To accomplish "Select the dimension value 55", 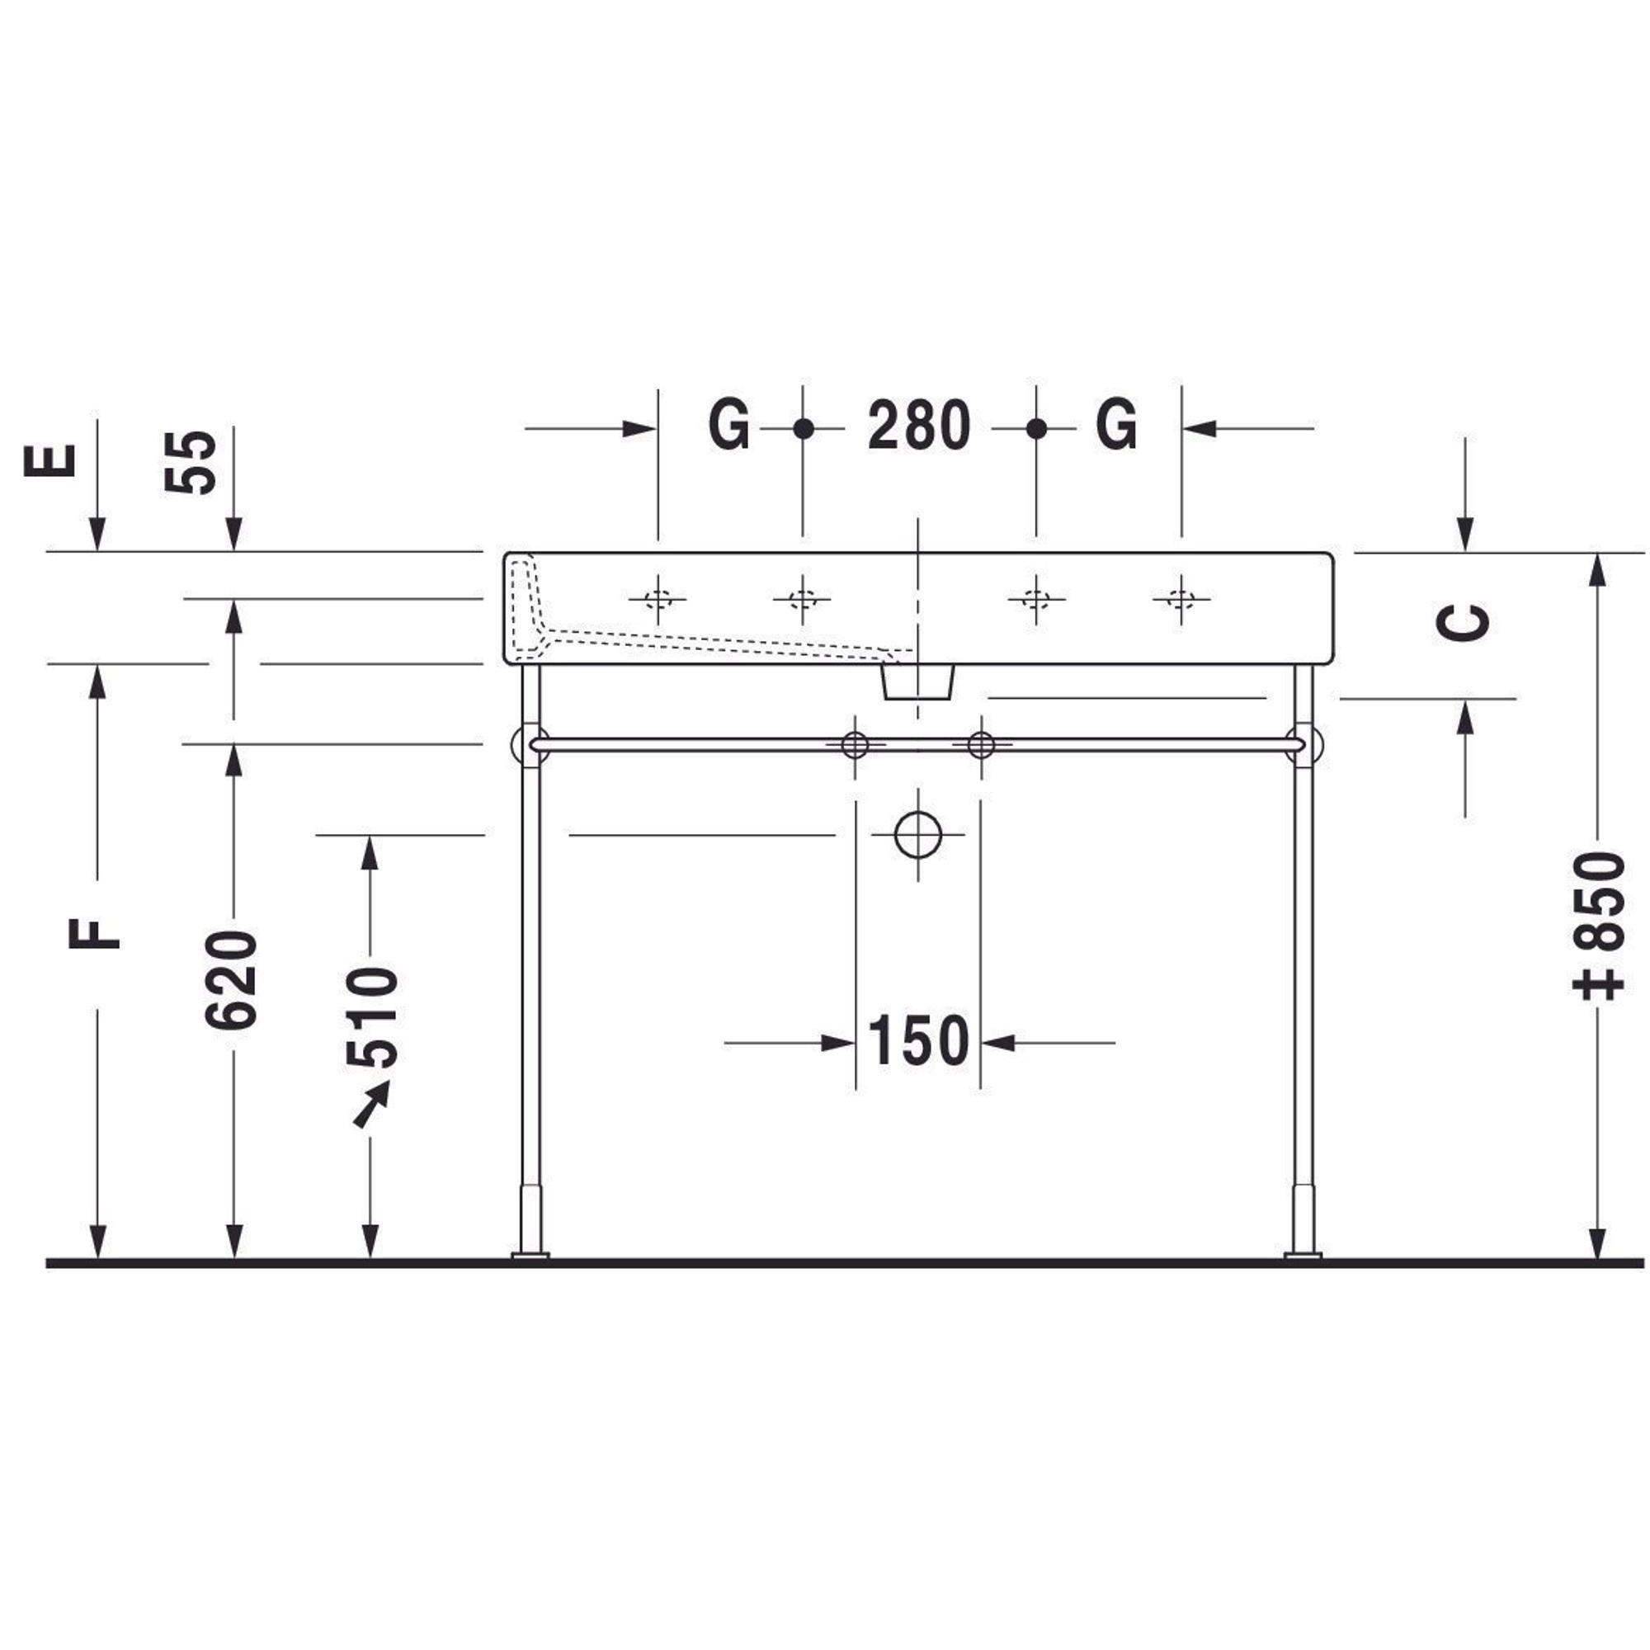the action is pyautogui.click(x=191, y=461).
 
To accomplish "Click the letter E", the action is pyautogui.click(x=50, y=461).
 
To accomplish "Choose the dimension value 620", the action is pyautogui.click(x=232, y=979).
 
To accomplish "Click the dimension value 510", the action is pyautogui.click(x=372, y=1017).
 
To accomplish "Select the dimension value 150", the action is pyautogui.click(x=918, y=1042).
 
